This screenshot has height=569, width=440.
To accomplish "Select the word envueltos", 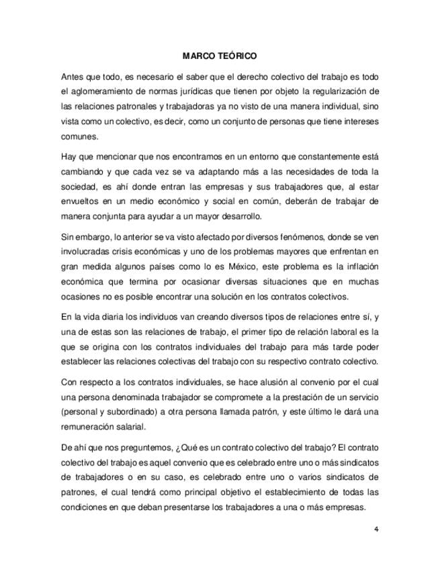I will (x=79, y=201).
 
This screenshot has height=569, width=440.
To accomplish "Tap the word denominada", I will (x=142, y=397).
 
